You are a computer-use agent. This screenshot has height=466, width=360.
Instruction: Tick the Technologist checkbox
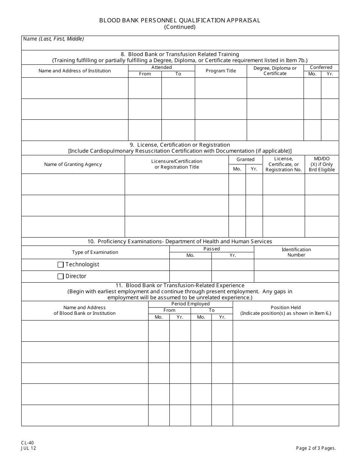coord(61,265)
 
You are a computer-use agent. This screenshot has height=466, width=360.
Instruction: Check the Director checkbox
coord(61,277)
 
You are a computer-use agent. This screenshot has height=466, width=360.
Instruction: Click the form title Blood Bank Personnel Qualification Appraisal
coord(180,20)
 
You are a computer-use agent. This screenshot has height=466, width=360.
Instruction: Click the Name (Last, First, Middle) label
coord(53,39)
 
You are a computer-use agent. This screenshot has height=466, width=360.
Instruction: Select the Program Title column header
coord(221,71)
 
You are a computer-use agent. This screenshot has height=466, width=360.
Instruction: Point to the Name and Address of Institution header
coord(75,71)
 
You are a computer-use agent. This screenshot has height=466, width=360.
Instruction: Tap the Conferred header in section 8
coord(321,67)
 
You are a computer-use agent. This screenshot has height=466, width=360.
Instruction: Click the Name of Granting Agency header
coord(73,164)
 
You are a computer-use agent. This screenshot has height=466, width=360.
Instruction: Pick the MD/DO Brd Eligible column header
coord(322,164)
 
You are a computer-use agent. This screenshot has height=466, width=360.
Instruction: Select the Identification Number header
coord(296,252)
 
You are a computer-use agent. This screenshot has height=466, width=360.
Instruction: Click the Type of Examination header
coord(95,252)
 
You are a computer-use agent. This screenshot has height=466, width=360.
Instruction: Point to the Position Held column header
coord(286,310)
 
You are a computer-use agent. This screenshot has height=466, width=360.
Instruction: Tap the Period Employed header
coord(190,304)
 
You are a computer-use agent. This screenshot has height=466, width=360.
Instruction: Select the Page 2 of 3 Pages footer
coord(316,448)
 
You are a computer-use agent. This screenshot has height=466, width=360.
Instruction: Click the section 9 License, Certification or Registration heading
coord(180,145)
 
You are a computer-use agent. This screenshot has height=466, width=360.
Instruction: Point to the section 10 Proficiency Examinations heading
coord(180,241)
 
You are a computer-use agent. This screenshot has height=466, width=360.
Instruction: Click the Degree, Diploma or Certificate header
coord(275,71)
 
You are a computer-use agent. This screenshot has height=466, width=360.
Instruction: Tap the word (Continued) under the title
coord(180,27)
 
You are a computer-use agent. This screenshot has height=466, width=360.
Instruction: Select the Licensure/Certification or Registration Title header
coord(177,164)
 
